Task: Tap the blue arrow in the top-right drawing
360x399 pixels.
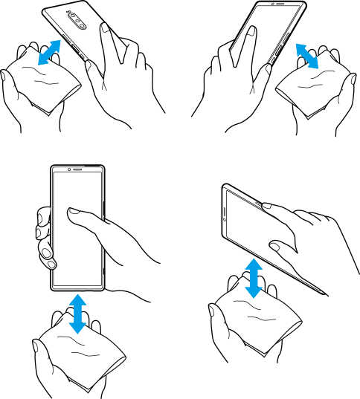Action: (307, 56)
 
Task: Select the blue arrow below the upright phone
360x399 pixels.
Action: (78, 313)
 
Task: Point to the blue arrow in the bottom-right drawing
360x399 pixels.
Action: (254, 278)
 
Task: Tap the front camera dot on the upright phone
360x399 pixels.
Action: (68, 170)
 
